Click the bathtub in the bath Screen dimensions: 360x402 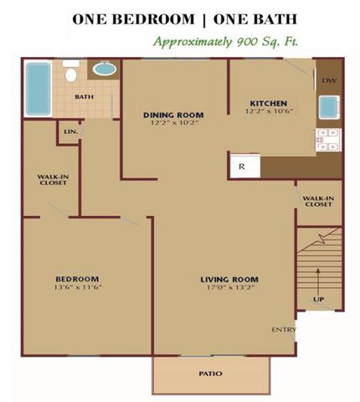(x=39, y=89)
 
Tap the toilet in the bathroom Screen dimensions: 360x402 (x=71, y=71)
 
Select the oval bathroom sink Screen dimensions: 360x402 (x=105, y=69)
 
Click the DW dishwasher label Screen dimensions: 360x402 (x=329, y=80)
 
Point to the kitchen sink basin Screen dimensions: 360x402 (x=329, y=107)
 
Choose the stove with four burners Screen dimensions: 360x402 (x=328, y=140)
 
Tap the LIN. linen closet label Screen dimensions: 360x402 (x=71, y=131)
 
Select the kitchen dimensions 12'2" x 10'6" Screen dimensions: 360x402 (x=269, y=111)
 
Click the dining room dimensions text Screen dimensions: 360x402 (x=174, y=122)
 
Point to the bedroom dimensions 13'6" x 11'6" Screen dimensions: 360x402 (x=77, y=286)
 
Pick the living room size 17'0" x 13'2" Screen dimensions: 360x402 (x=229, y=287)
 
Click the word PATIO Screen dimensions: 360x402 (x=211, y=374)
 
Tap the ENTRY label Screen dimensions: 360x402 (x=284, y=330)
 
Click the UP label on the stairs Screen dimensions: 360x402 (x=318, y=299)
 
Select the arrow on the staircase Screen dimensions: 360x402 (x=318, y=281)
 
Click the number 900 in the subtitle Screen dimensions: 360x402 (x=246, y=43)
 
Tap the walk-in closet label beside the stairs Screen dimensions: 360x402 (x=318, y=201)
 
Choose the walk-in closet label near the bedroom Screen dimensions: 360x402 (x=53, y=180)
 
